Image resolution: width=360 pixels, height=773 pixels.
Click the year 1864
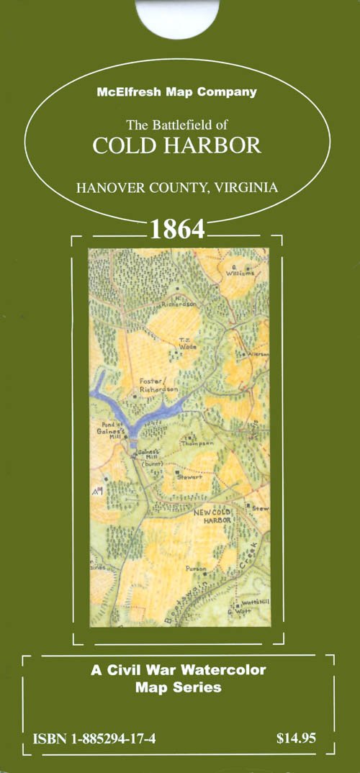coord(178,230)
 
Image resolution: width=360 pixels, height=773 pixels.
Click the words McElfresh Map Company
coord(177,92)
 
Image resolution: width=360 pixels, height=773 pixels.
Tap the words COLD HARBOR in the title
coord(177,145)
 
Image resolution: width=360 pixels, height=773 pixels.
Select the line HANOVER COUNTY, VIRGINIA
coord(177,188)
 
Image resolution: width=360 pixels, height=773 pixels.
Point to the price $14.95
coord(296,738)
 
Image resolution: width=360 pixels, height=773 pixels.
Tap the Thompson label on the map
coord(199,444)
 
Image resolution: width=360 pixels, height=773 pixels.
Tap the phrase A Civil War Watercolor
coord(178,669)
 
